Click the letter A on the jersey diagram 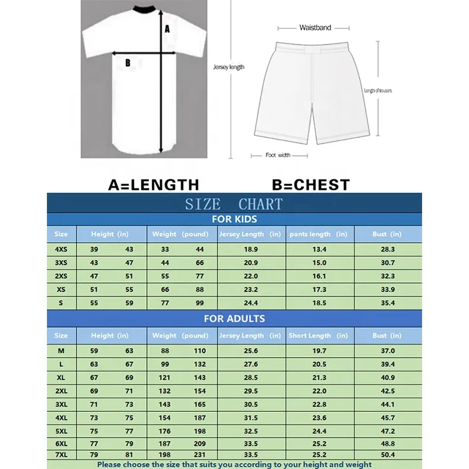tap(167, 28)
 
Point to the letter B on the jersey tap(128, 63)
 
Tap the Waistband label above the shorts tap(315, 28)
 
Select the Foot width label tap(278, 155)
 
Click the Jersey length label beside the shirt tap(229, 67)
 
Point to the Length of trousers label tap(378, 91)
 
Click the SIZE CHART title tap(234, 204)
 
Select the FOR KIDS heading tap(234, 220)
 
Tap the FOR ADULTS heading tap(234, 319)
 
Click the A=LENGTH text tap(154, 185)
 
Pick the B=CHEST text tap(311, 185)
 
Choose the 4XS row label tap(61, 249)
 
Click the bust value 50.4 tap(388, 455)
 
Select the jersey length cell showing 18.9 tap(251, 249)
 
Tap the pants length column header tap(319, 234)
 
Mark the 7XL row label tap(61, 455)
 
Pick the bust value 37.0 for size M tap(388, 351)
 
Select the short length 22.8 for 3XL tap(319, 405)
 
